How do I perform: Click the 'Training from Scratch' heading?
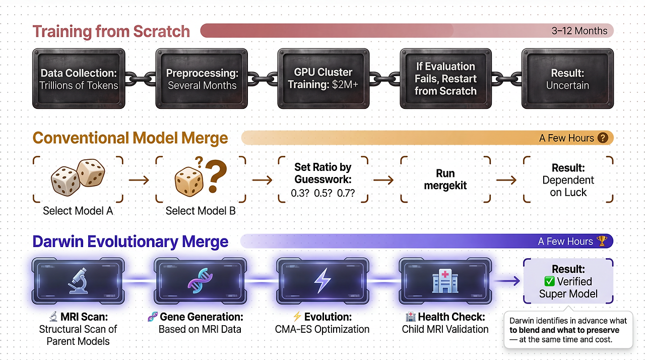(x=111, y=31)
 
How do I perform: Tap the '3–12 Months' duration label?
(x=579, y=31)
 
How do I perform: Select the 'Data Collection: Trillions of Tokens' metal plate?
(x=79, y=79)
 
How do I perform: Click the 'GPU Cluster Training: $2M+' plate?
(x=323, y=79)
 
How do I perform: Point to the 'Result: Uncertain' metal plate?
(x=567, y=79)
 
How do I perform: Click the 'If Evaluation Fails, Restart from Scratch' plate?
(x=445, y=79)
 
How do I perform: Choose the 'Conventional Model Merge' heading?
(x=131, y=138)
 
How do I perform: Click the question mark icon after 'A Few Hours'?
(x=603, y=138)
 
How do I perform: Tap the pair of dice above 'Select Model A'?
(x=78, y=179)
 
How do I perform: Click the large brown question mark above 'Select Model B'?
(x=215, y=178)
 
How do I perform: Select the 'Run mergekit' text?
(x=445, y=179)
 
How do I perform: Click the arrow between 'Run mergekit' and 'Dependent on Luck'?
(x=506, y=180)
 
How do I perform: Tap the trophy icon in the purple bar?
(x=602, y=242)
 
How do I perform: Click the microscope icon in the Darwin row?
(x=78, y=280)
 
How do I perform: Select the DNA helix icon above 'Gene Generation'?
(x=200, y=281)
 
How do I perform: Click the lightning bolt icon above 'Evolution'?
(x=322, y=281)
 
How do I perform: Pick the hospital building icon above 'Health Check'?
(x=445, y=281)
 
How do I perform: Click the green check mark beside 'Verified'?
(x=549, y=281)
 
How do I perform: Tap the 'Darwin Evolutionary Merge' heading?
(x=130, y=242)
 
